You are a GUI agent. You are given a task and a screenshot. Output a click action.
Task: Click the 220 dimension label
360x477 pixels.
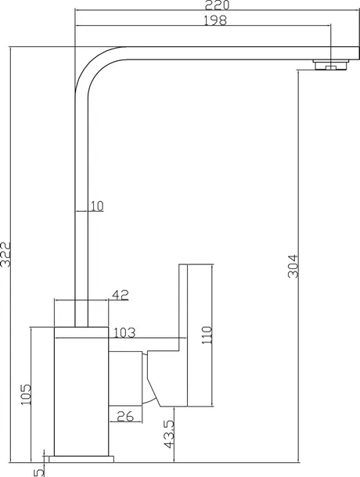pos(217,5)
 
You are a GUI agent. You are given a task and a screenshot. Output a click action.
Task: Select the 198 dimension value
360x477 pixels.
pos(215,20)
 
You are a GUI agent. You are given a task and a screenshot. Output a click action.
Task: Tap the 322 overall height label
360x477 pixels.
pos(5,255)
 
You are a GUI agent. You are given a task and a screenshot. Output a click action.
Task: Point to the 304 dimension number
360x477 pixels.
pos(293,267)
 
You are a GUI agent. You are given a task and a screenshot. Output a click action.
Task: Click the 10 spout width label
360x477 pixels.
pos(97,206)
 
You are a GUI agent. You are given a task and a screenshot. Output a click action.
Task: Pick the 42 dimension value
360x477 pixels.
pos(121,295)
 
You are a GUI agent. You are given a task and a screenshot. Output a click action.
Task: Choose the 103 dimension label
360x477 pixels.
pos(124,333)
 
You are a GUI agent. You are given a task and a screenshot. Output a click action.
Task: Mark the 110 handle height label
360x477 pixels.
pos(207,335)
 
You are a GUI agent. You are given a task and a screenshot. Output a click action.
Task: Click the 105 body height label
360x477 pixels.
pos(26,394)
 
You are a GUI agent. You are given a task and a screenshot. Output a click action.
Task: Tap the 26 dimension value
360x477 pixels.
pos(125,416)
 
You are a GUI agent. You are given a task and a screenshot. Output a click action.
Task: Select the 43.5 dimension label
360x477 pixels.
pos(169,435)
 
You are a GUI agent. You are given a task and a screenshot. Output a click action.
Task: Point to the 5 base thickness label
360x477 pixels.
pos(38,472)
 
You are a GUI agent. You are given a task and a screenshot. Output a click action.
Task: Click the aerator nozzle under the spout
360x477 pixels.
pos(331,65)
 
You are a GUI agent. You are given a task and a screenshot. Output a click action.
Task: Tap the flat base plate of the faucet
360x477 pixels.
pos(81,459)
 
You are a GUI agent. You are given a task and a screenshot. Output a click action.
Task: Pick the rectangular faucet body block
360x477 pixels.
pos(81,392)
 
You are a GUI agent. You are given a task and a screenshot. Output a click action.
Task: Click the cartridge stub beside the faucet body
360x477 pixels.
pos(125,378)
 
